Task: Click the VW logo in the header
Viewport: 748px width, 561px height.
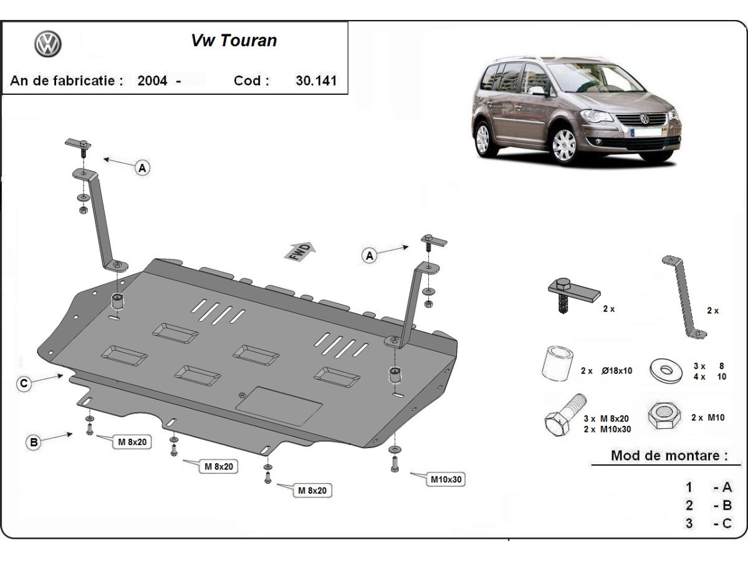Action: (x=47, y=45)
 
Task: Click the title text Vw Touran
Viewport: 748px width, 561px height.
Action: (x=233, y=41)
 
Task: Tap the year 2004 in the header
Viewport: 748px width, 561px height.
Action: (x=152, y=80)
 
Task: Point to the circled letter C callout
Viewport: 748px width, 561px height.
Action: (x=24, y=384)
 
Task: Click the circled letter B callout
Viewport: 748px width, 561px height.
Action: (x=33, y=443)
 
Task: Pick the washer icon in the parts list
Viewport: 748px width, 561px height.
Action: (x=665, y=370)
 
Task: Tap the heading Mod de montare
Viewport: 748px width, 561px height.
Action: (x=668, y=455)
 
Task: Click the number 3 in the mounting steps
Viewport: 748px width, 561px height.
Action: (x=689, y=523)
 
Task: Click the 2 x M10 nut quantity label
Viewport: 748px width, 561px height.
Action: (x=707, y=418)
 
